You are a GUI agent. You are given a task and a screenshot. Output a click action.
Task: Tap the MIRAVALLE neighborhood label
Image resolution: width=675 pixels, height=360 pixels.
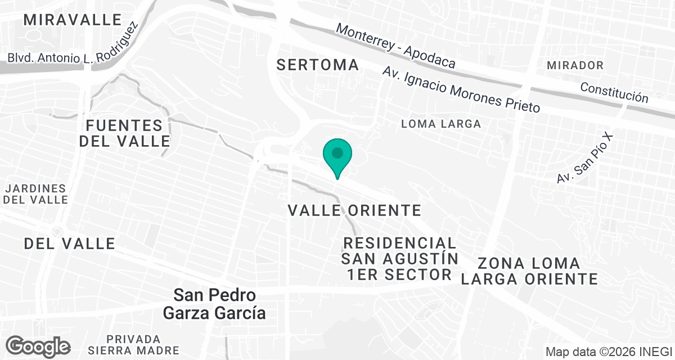click(73, 20)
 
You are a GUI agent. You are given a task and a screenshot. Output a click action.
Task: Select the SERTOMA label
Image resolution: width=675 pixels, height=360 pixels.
click(318, 65)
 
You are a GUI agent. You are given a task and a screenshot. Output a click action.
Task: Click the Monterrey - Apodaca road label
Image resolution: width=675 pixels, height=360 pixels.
click(395, 46)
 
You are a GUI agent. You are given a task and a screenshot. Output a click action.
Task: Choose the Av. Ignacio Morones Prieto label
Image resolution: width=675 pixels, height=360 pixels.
click(461, 89)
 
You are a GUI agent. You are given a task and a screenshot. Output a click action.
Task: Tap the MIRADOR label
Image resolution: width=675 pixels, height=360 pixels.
click(575, 65)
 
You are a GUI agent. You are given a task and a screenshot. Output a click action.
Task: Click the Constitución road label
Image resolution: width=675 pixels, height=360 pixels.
click(614, 93)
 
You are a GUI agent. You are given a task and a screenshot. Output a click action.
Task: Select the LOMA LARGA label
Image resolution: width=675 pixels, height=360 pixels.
click(441, 124)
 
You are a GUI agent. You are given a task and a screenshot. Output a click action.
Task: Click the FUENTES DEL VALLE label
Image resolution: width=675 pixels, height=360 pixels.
click(124, 133)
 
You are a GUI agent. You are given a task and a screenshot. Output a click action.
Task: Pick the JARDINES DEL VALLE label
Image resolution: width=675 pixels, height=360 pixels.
click(37, 194)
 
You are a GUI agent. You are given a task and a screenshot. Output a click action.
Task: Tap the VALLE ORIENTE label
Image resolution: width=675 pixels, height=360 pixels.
click(354, 210)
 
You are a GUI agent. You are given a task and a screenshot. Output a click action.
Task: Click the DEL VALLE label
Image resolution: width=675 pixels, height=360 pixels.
click(70, 244)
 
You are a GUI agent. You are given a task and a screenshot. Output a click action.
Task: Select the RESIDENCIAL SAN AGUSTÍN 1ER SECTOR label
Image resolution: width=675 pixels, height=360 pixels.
click(399, 259)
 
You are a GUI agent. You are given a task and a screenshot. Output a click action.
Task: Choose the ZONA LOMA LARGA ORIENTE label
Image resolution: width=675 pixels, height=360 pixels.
click(529, 271)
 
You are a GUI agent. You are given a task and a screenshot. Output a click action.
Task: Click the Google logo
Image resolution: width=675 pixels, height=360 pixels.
click(38, 346)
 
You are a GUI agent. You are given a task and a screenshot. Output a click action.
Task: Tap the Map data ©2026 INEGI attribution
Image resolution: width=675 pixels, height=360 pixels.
click(608, 352)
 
